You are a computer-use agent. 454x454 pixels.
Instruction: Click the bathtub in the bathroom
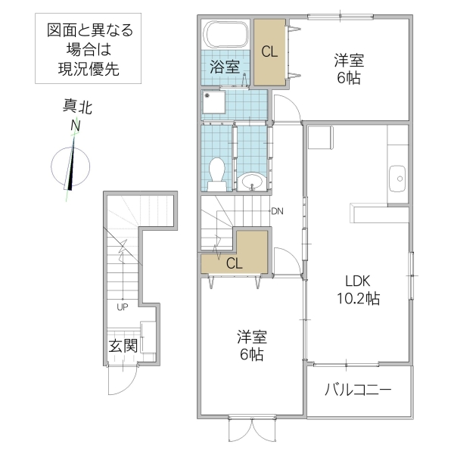pyautogui.click(x=227, y=35)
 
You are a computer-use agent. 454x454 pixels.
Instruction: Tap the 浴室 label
pyautogui.click(x=225, y=67)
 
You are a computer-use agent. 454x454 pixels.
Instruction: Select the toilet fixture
pyautogui.click(x=217, y=173)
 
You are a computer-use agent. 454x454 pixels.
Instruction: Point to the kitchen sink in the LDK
pyautogui.click(x=397, y=179)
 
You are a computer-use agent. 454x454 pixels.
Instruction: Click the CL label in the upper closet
pyautogui.click(x=269, y=52)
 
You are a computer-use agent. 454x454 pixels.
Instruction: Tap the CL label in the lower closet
pyautogui.click(x=235, y=263)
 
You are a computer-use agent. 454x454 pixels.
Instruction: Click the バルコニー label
pyautogui.click(x=358, y=391)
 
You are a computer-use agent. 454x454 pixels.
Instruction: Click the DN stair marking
pyautogui.click(x=278, y=210)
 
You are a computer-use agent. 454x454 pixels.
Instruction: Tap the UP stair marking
pyautogui.click(x=121, y=307)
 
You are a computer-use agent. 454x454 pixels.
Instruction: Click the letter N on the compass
pyautogui.click(x=75, y=125)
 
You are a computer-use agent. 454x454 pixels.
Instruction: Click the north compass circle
pyautogui.click(x=71, y=164)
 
